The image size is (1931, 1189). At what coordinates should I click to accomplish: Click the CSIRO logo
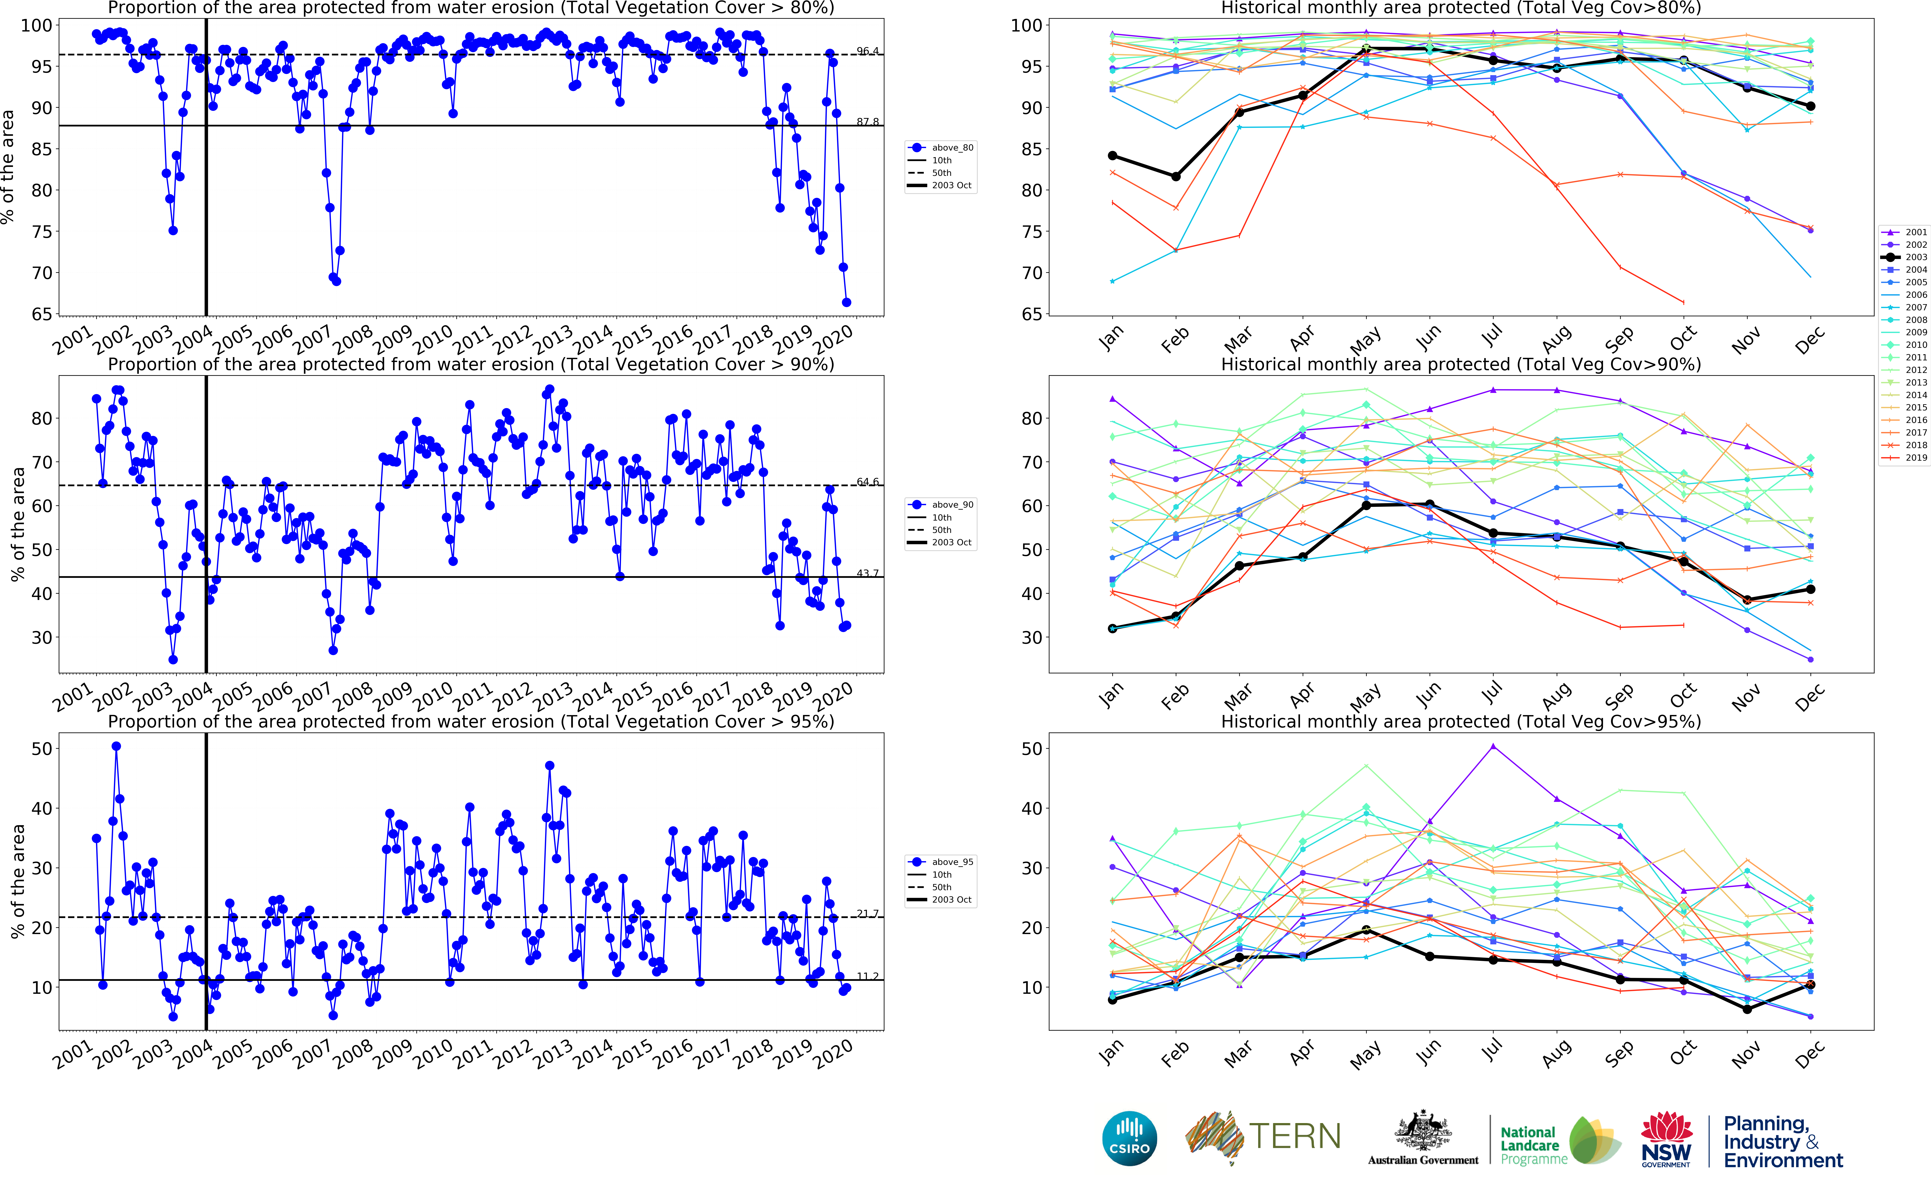click(1130, 1138)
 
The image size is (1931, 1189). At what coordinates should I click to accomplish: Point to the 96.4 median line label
click(868, 51)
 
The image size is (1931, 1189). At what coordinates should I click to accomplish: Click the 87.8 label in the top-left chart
click(868, 122)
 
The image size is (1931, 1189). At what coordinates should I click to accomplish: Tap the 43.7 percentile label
click(868, 573)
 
